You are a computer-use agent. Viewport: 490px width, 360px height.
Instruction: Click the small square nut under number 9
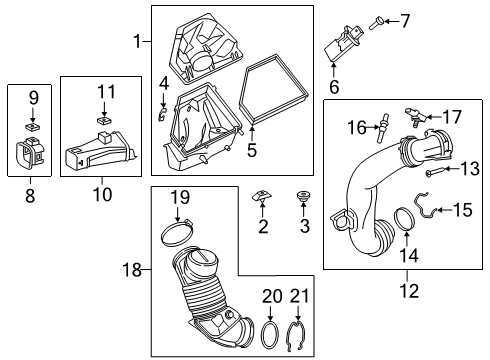tap(33, 127)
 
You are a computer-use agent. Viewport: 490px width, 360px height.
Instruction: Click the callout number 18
tap(140, 269)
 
